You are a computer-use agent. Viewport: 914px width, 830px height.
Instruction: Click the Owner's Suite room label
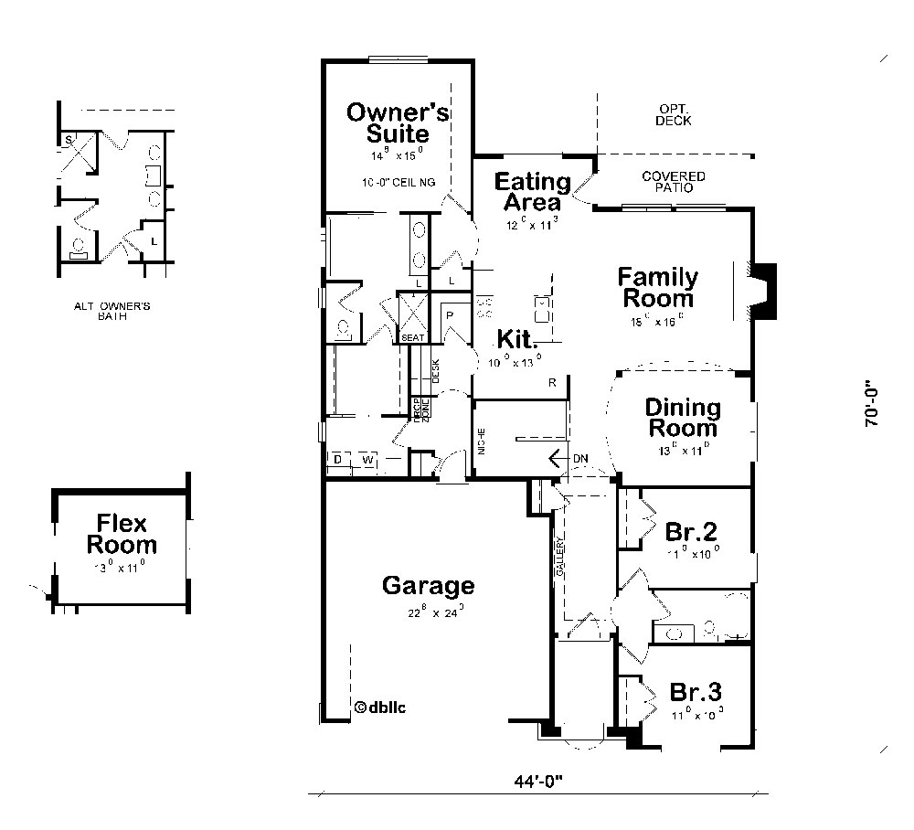[x=398, y=122]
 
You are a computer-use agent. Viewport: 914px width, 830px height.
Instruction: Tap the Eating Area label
[x=532, y=191]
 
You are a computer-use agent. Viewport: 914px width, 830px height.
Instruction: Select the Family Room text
[x=657, y=287]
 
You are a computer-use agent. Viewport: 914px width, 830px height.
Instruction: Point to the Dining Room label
[x=682, y=417]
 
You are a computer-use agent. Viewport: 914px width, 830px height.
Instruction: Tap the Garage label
[x=428, y=585]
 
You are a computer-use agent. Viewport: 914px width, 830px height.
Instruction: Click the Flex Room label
[x=122, y=535]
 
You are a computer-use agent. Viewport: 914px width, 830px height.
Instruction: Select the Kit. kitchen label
[x=516, y=339]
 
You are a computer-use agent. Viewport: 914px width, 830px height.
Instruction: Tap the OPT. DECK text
[x=674, y=114]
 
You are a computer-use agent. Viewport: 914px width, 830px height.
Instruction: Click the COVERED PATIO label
[x=673, y=181]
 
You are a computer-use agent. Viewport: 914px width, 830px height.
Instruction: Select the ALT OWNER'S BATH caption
[x=112, y=312]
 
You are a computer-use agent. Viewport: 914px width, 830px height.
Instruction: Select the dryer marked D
[x=337, y=459]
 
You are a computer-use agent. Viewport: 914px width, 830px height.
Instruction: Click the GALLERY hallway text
[x=560, y=557]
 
